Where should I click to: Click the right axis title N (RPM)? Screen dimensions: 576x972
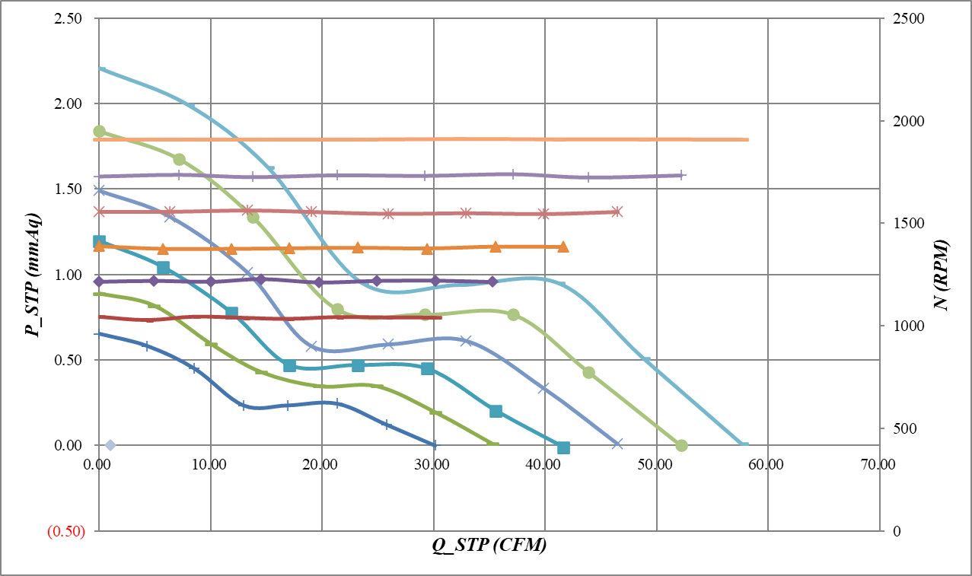pyautogui.click(x=942, y=275)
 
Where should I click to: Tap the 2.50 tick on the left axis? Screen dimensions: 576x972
pyautogui.click(x=69, y=18)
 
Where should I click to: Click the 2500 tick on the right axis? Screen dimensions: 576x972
pyautogui.click(x=901, y=18)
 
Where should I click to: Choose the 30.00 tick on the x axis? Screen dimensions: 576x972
pyautogui.click(x=433, y=464)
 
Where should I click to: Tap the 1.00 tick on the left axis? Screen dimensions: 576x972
pyautogui.click(x=69, y=275)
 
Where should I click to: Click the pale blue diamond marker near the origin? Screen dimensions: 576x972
pyautogui.click(x=110, y=445)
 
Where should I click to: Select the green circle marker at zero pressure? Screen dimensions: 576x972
pyautogui.click(x=681, y=445)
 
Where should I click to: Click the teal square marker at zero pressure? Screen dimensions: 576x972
pyautogui.click(x=563, y=447)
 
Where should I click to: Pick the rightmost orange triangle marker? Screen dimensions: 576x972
pyautogui.click(x=562, y=247)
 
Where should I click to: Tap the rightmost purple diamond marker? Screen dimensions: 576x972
pyautogui.click(x=492, y=282)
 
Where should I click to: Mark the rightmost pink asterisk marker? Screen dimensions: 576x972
pyautogui.click(x=617, y=212)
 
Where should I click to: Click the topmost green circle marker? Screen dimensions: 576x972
pyautogui.click(x=99, y=131)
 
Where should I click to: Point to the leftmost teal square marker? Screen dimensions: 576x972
pyautogui.click(x=99, y=242)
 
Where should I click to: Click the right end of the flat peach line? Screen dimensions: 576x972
pyautogui.click(x=747, y=139)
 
